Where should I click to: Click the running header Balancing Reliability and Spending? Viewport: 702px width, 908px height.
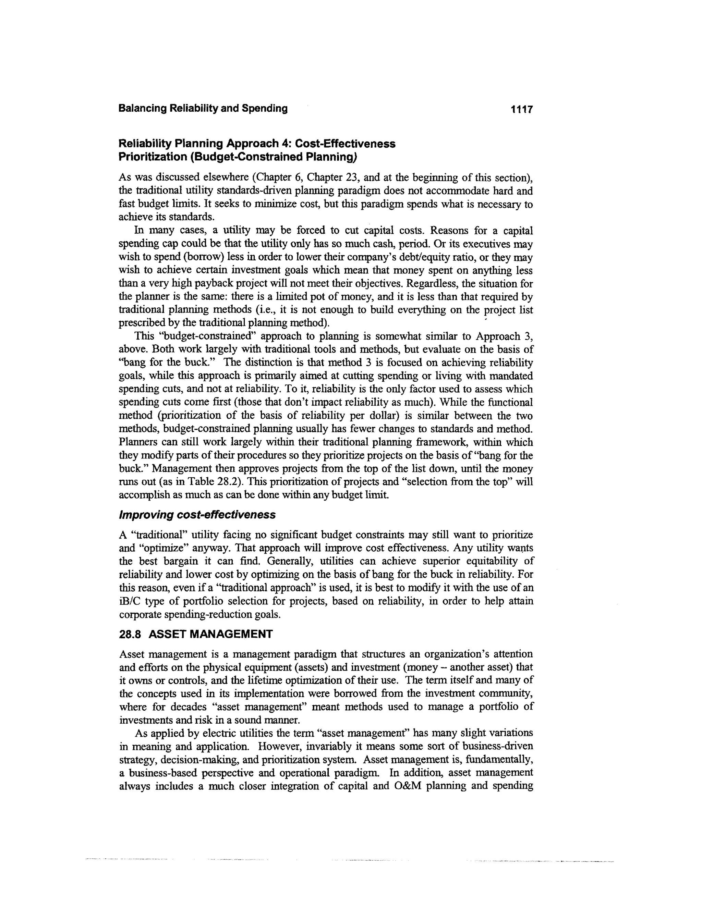pyautogui.click(x=203, y=109)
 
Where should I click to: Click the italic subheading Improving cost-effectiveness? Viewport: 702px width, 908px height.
pyautogui.click(x=197, y=515)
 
